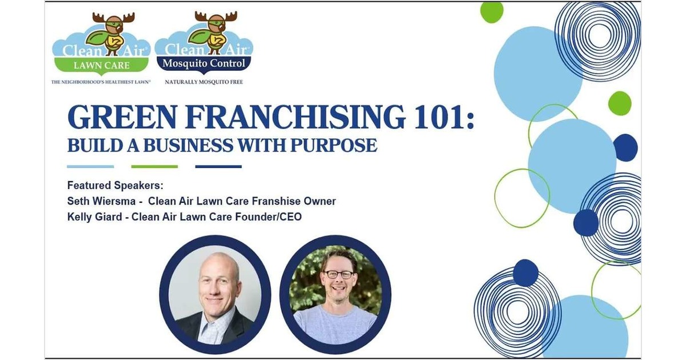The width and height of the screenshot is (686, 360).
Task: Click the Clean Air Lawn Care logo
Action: coord(101,45)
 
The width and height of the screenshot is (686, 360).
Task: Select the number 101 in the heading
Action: coord(436,117)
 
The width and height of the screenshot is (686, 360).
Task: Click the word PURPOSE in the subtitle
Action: coord(333,145)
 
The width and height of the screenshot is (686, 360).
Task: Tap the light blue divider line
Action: coord(90,166)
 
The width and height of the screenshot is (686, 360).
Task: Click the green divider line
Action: coord(154,166)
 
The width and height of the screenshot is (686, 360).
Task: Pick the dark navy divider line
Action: coord(218,166)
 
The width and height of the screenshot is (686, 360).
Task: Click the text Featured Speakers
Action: coord(115,186)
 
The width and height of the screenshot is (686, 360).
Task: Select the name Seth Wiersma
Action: coord(101,201)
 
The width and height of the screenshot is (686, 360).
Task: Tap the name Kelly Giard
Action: coord(94,217)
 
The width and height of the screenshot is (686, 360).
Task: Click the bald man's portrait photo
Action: coord(215,294)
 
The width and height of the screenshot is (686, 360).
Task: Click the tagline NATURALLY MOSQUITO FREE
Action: coord(204,82)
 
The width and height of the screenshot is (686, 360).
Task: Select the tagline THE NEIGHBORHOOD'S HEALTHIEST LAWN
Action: coord(101,82)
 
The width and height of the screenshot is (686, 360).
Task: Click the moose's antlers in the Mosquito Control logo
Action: coord(216,16)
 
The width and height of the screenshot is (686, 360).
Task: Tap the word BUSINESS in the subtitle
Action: coord(188,145)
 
